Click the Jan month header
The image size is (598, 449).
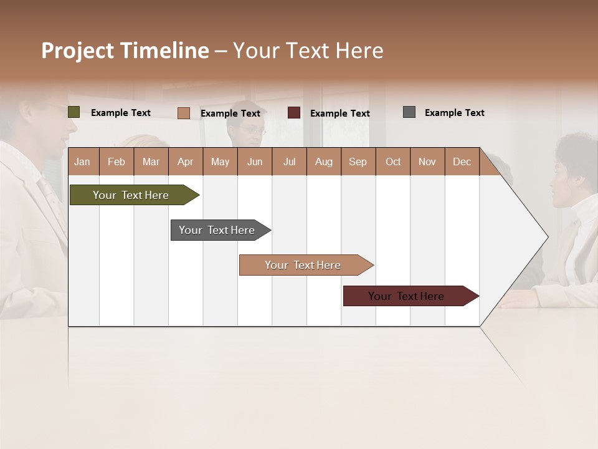point(83,162)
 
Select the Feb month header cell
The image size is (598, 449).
point(116,162)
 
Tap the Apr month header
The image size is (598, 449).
point(185,162)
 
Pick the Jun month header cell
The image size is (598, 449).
point(254,162)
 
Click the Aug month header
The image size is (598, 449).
point(323,162)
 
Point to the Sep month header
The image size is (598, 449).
point(358,162)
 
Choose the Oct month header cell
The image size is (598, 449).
point(392,162)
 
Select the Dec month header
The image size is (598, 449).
point(462,162)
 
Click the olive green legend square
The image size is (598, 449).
point(74,112)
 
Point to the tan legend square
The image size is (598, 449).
point(183,113)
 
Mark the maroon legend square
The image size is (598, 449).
point(294,113)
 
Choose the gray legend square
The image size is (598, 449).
point(409,112)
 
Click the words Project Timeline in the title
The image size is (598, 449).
point(125,51)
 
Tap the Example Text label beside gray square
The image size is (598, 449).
point(454,113)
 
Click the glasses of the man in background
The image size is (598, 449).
point(253,131)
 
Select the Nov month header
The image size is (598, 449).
point(427,162)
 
